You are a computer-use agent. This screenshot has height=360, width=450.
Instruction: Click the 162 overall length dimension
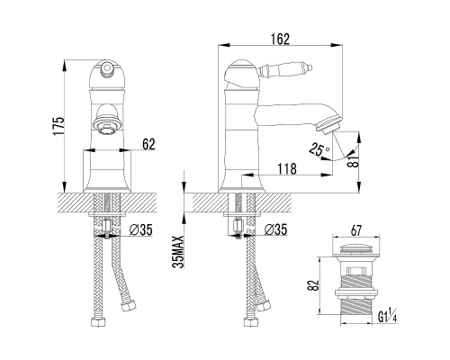tap(280, 40)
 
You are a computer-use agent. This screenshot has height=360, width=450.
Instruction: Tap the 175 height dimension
tap(58, 126)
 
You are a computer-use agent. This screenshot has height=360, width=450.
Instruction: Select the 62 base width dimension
tap(148, 144)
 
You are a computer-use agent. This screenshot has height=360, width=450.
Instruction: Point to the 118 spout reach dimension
tap(287, 169)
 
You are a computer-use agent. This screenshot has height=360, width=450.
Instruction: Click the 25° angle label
tap(319, 149)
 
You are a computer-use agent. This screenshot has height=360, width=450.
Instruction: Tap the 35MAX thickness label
tap(178, 252)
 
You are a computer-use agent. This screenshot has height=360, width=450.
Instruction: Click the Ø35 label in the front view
tap(141, 230)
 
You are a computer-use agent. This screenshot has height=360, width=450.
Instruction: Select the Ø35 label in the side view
tap(275, 229)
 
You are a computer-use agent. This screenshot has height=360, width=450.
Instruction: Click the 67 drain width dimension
tap(355, 230)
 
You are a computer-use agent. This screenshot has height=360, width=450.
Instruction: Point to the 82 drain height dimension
tap(313, 285)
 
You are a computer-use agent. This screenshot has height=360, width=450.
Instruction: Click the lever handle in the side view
tap(285, 70)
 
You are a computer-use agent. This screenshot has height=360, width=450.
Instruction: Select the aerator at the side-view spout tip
tap(329, 125)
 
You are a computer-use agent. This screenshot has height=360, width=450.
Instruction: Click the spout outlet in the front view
tap(107, 123)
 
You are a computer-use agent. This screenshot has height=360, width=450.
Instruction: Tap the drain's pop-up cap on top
tap(355, 248)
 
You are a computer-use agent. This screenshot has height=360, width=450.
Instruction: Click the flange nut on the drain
tap(355, 292)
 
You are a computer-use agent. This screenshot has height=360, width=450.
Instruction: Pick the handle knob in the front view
tap(107, 69)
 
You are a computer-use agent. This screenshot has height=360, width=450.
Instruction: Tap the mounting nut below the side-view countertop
tap(238, 227)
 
